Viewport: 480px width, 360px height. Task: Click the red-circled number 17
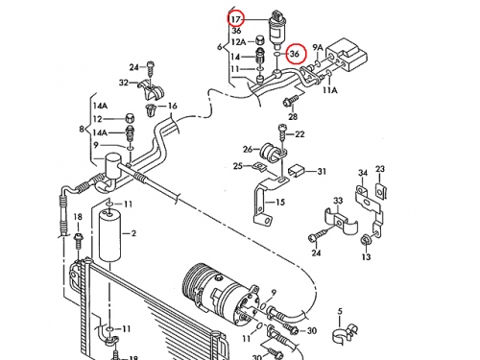point(235,19)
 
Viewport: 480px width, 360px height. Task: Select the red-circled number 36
point(295,54)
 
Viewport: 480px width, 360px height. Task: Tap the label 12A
point(238,41)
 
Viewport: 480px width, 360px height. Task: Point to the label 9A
point(318,48)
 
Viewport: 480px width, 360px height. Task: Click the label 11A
point(330,90)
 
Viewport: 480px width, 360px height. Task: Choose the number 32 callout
point(124,83)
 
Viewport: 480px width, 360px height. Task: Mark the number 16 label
point(172,106)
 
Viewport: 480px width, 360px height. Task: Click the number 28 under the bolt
point(293,116)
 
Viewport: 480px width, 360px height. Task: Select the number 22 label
point(300,133)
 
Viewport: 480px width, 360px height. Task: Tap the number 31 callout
point(322,171)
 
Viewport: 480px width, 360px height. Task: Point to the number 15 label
point(279,202)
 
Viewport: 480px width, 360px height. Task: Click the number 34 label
point(363,173)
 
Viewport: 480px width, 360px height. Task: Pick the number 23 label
point(380,169)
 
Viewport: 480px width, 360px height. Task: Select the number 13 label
point(366,256)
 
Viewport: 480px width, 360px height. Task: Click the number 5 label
point(340,311)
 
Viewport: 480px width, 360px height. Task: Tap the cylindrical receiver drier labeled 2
point(109,235)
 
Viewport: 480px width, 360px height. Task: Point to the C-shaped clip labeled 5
point(344,335)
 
